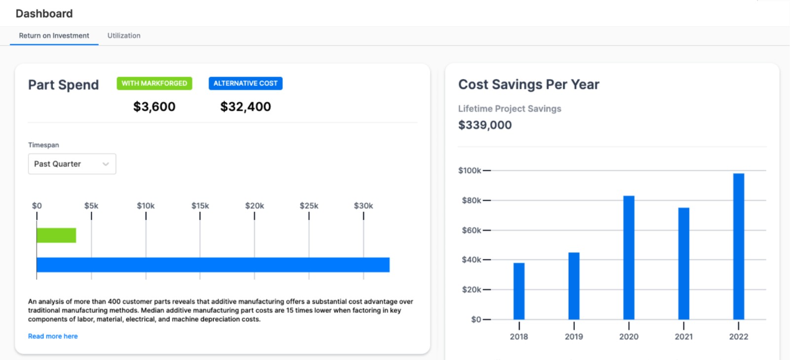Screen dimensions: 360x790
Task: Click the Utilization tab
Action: point(124,36)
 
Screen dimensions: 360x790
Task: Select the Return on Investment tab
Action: point(54,36)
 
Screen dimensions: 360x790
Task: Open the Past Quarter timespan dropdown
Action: point(72,164)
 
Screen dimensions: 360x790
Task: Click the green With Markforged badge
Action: point(154,83)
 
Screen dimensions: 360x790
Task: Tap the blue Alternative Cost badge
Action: point(245,83)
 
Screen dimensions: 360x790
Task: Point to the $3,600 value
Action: point(154,107)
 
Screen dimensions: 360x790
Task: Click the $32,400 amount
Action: point(245,107)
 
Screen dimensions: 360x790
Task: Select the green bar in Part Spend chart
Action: point(56,235)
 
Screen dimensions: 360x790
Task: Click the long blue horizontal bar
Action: point(213,265)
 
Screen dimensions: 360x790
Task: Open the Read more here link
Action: point(53,336)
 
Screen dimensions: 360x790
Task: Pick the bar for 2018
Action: point(519,291)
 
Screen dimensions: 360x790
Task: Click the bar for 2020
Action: point(629,257)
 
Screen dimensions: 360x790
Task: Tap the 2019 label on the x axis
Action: point(574,337)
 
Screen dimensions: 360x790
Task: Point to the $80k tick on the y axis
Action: point(472,200)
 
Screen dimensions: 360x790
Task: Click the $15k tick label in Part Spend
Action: point(200,206)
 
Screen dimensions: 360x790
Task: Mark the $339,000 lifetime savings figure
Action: point(485,125)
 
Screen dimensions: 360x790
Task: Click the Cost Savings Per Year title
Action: point(529,84)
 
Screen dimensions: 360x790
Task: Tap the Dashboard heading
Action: point(44,13)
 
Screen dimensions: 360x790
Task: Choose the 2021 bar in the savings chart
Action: point(684,263)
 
